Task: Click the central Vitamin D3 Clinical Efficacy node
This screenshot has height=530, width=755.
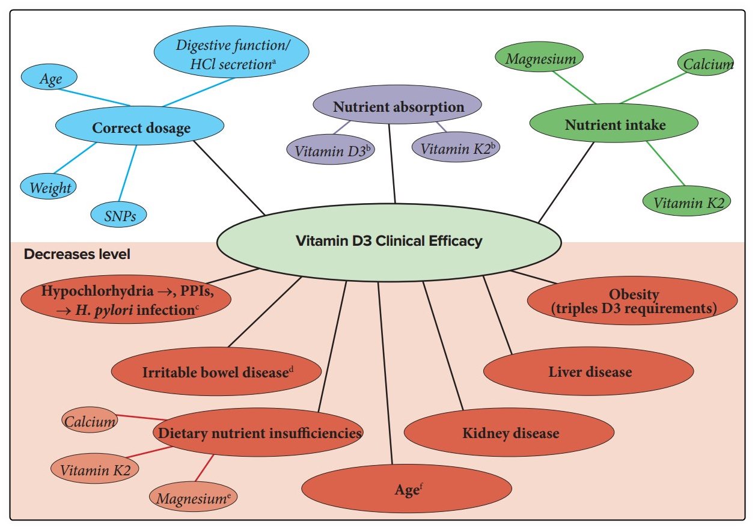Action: point(388,242)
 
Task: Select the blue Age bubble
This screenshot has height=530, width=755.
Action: point(50,79)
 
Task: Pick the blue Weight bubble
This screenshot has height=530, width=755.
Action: point(50,187)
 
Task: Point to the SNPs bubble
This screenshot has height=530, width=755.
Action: point(119,215)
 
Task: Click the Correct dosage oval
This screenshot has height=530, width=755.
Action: point(140,127)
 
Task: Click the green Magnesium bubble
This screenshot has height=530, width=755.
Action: point(539,59)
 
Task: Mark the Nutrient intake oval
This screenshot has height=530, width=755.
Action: point(614,125)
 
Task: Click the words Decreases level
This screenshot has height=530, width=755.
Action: point(77,254)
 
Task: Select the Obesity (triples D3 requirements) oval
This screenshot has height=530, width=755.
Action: point(632,302)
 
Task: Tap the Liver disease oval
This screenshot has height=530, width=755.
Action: point(589,372)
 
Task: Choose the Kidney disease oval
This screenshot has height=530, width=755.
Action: point(510,433)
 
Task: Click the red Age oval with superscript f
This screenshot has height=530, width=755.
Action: point(407,489)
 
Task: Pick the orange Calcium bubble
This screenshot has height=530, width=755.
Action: point(90,422)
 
